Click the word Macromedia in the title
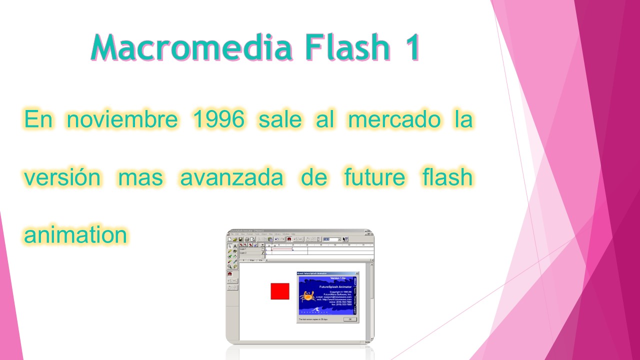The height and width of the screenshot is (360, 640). coord(192,47)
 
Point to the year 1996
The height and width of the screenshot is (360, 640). coord(219,119)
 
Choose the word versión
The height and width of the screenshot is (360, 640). coord(62,177)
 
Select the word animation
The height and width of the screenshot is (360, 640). coord(75,234)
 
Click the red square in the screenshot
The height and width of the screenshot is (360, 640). coord(280,291)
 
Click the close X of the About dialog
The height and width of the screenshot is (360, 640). coord(356,273)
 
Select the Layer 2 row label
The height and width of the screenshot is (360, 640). coord(243,253)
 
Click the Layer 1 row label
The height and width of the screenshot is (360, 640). coord(243,248)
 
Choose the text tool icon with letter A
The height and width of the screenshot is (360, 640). coord(235,246)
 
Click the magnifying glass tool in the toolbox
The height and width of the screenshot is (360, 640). coord(230,266)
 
